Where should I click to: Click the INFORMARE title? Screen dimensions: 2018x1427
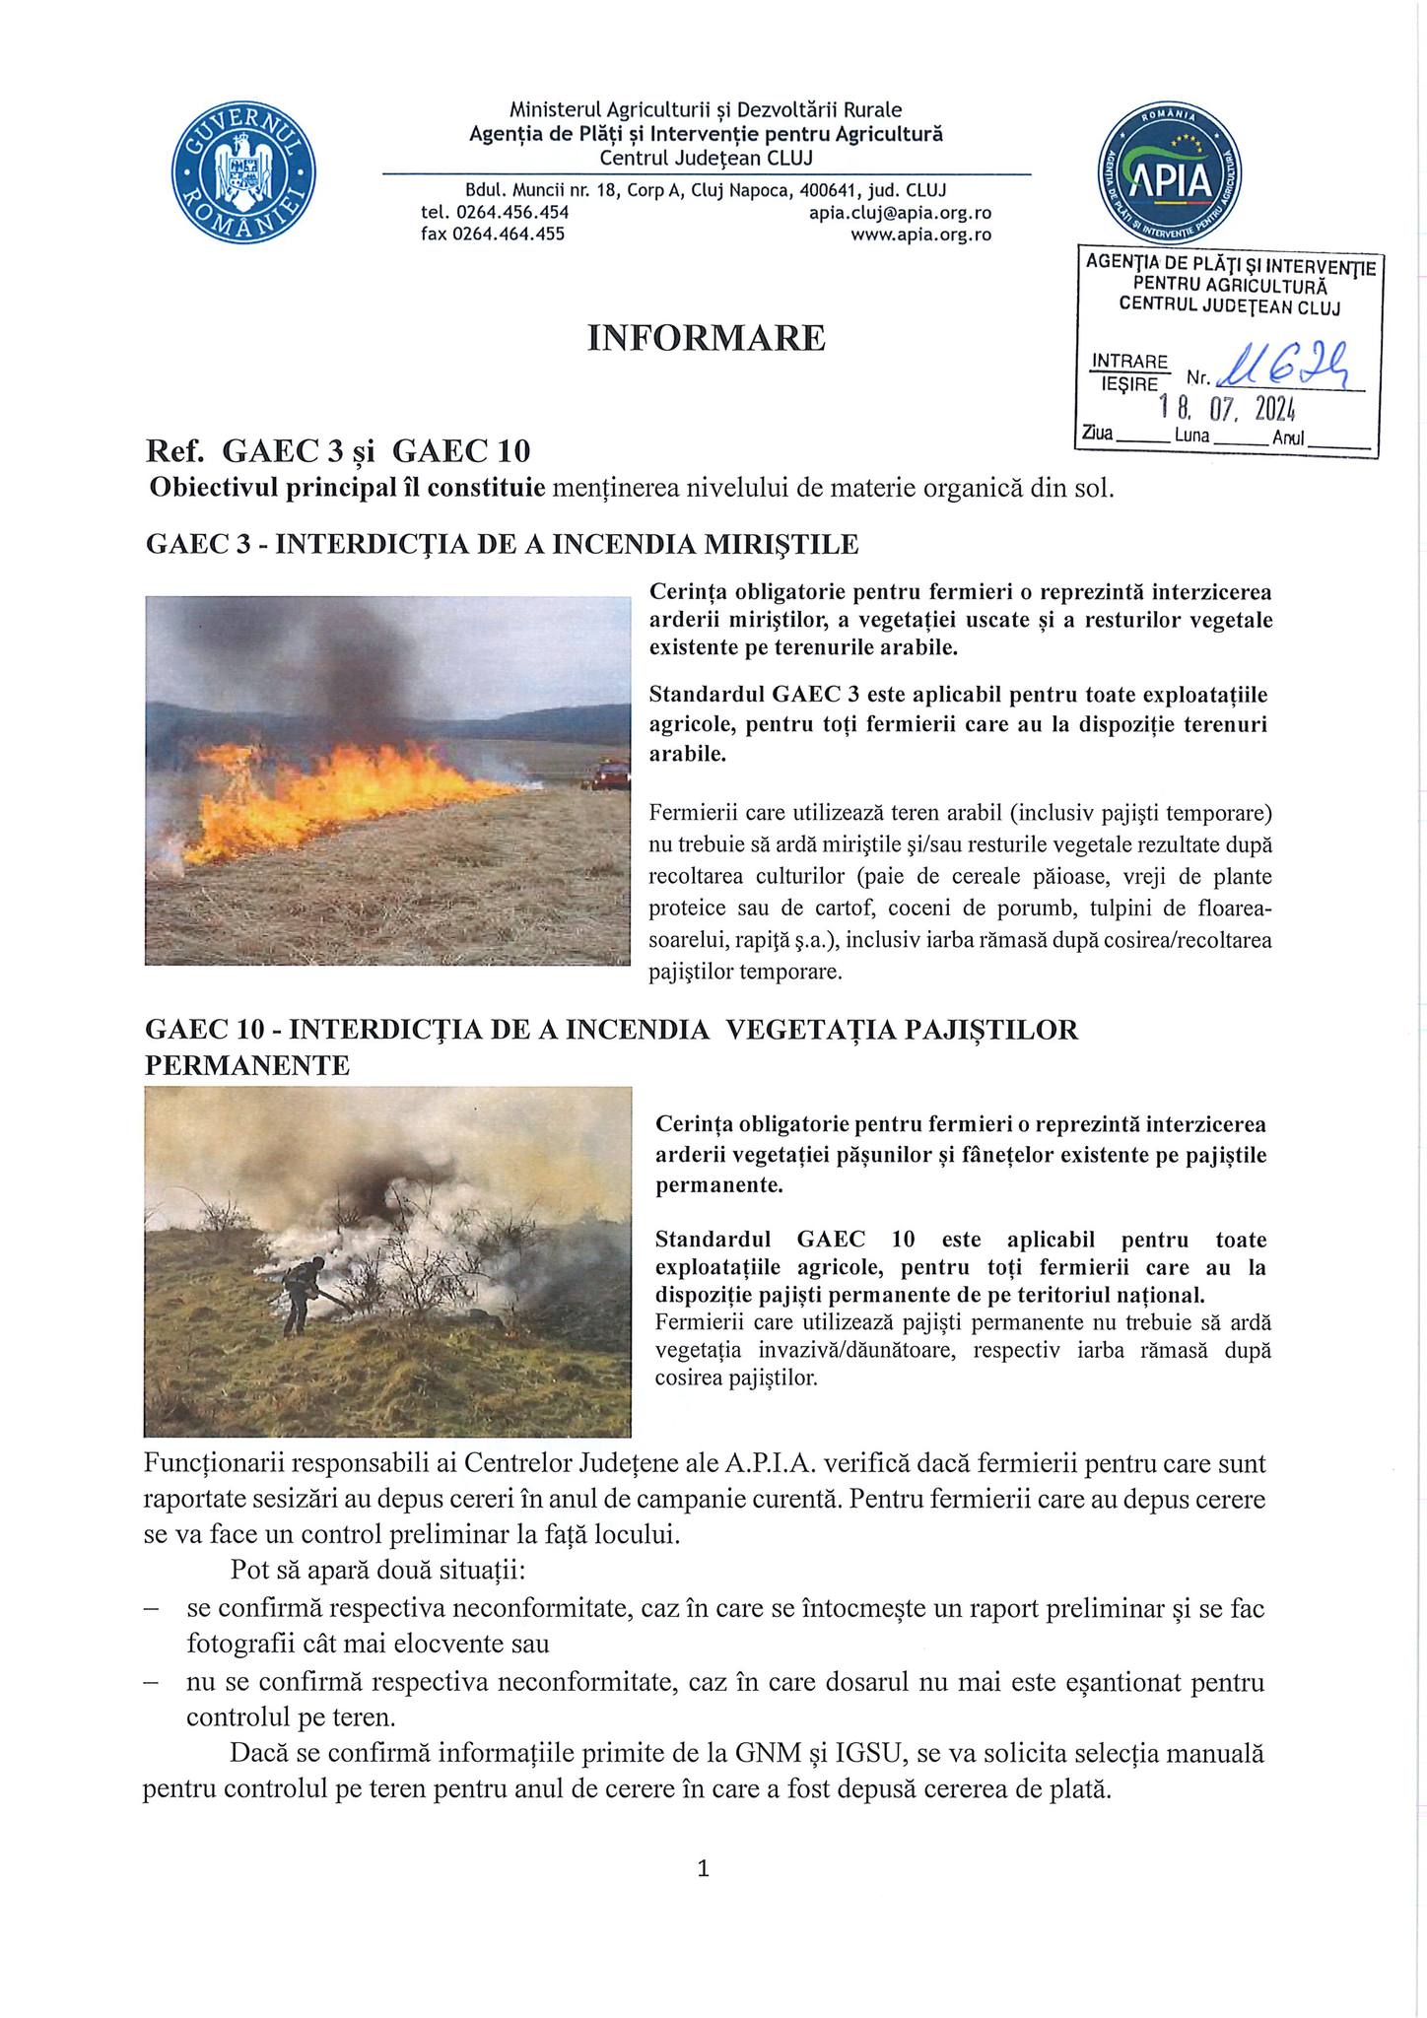706,338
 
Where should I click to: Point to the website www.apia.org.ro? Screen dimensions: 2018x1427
920,235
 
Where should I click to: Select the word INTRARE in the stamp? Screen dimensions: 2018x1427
1129,361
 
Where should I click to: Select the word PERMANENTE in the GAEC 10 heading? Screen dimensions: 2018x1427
247,1064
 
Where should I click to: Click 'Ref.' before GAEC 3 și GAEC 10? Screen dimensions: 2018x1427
174,450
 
